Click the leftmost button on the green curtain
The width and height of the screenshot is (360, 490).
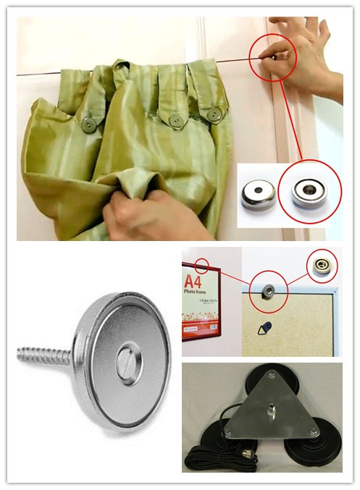[88, 124]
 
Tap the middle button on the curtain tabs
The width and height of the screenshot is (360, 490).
[175, 119]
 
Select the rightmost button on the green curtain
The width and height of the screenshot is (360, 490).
[213, 114]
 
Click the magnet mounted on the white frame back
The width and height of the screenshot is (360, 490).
[269, 291]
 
